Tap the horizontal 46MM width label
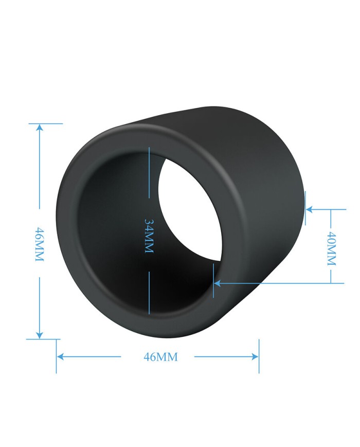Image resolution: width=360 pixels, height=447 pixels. pos(160,357)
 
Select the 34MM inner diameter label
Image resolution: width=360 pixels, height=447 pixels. pos(149,236)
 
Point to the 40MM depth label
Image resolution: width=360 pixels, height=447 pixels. pos(332,248)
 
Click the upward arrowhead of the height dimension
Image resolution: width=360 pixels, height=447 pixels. pos(39,128)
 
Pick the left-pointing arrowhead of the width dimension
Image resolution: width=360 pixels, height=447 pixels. pos(60,356)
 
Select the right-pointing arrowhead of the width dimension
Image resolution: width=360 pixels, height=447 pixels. pos(255,356)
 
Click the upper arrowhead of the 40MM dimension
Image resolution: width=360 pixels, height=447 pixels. pos(310,209)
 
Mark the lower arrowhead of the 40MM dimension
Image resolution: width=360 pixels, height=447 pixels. pos(218,283)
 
